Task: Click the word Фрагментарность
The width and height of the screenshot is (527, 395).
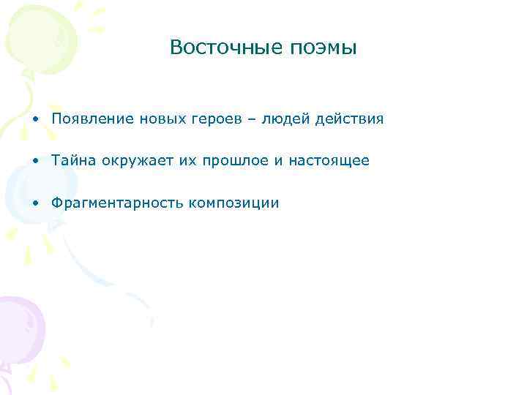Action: tap(116, 203)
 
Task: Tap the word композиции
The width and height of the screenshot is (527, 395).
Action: tap(233, 203)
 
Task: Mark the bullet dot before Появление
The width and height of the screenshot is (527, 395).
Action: tap(36, 119)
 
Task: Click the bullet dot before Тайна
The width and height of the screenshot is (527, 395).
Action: tap(36, 161)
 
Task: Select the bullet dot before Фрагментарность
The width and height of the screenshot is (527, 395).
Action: tap(36, 203)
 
